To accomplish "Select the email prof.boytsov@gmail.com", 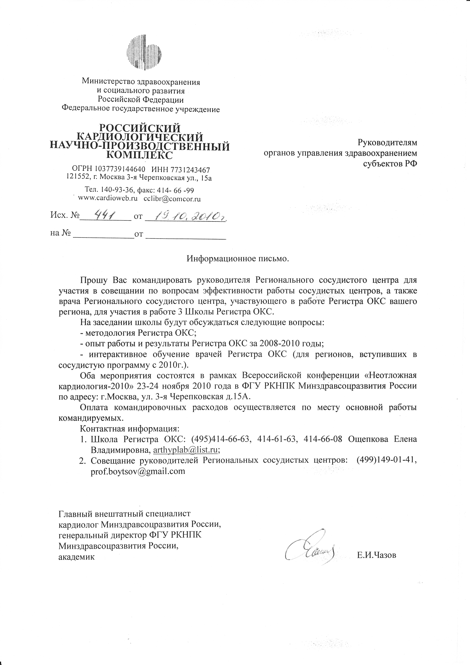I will tap(138, 471).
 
